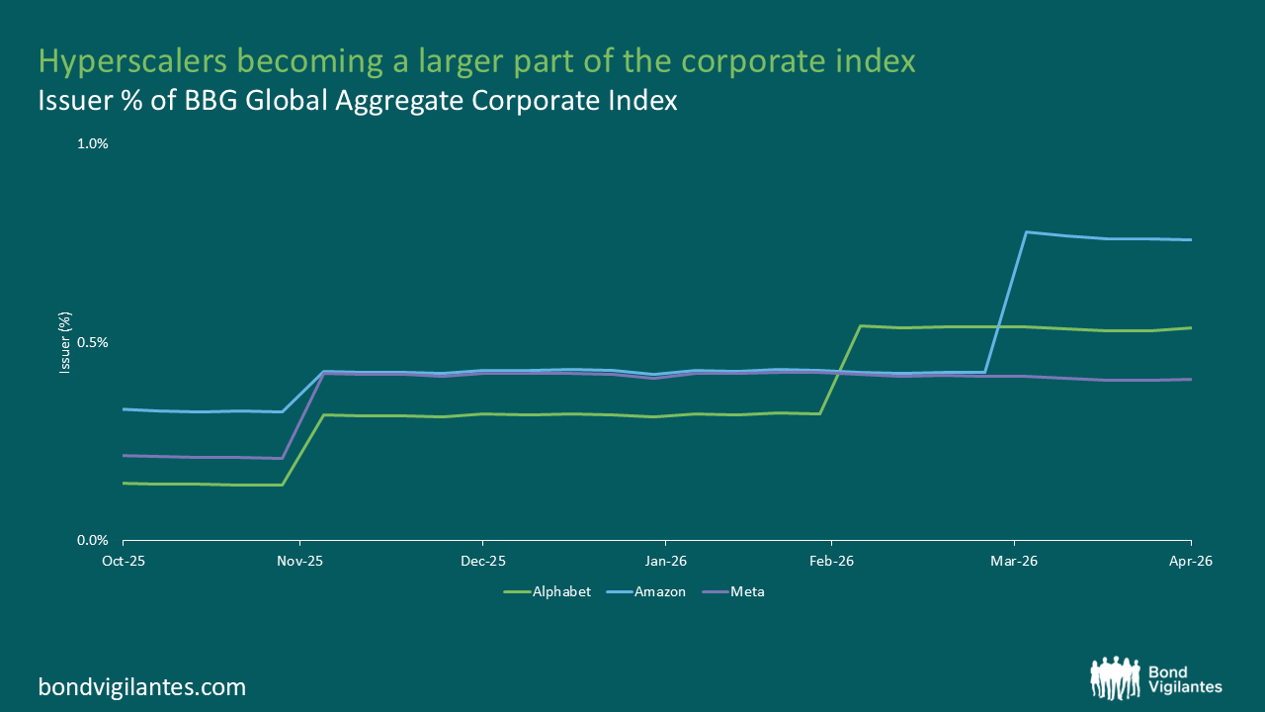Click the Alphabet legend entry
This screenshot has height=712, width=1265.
pos(548,591)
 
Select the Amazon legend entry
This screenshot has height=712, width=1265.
pos(646,591)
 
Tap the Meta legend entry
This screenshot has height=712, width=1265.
pos(733,591)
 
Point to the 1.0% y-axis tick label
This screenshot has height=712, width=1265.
pos(93,143)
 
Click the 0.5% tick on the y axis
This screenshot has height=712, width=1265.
pos(93,342)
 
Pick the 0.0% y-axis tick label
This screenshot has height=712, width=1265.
pos(93,541)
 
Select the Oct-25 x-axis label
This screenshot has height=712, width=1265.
pos(124,561)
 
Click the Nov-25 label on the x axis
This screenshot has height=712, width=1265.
pos(299,561)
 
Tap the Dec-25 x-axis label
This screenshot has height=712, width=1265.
pos(483,561)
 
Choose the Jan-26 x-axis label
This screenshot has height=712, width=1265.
pos(666,561)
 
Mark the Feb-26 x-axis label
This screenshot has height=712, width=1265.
pos(831,561)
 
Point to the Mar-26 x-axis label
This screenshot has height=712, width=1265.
pos(1014,561)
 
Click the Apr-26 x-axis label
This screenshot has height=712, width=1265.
pos(1191,561)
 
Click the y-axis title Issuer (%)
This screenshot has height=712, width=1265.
pos(65,342)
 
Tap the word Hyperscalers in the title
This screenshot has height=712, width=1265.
pos(132,61)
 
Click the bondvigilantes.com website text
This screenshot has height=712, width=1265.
pos(142,687)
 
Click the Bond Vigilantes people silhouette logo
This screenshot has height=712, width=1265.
pos(1116,677)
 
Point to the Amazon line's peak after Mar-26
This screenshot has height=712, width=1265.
pos(1026,232)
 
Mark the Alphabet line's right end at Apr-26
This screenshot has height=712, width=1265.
pos(1191,327)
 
